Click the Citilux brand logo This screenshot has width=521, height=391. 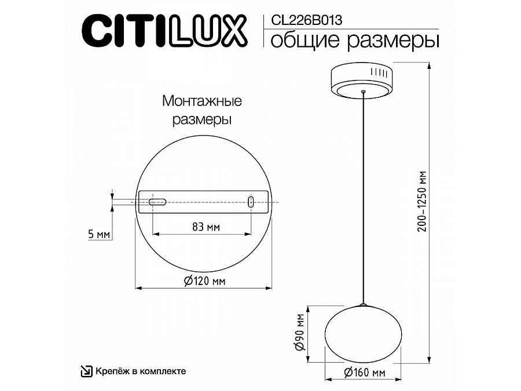[x=164, y=31]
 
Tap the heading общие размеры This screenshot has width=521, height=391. [x=355, y=41]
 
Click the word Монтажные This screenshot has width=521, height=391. [x=202, y=101]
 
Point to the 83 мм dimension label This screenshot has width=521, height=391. [x=206, y=227]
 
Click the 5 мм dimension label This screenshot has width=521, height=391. [x=98, y=235]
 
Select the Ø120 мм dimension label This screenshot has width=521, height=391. [x=205, y=282]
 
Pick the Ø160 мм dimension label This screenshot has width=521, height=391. [x=365, y=372]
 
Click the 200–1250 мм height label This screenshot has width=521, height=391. [x=422, y=202]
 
